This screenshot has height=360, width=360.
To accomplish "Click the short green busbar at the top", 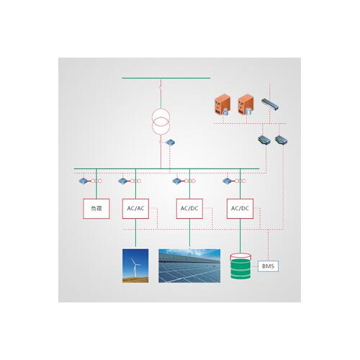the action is (x=166, y=78).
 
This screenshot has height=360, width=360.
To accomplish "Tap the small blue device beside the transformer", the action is (x=171, y=143).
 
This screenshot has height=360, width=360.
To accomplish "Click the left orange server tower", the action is (x=222, y=104).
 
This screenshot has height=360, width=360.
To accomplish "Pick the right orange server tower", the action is (x=246, y=104).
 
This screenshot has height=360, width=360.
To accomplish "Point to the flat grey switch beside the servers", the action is (x=270, y=104).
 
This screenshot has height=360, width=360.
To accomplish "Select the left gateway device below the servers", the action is (x=264, y=140).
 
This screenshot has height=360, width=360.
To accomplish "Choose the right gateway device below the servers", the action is (x=281, y=140).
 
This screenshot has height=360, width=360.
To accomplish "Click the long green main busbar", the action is (x=166, y=168).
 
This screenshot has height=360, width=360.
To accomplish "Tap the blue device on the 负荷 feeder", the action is (x=84, y=181).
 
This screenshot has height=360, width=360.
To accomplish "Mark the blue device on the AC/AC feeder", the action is (x=122, y=181).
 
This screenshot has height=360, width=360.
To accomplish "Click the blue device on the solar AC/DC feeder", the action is (x=177, y=181).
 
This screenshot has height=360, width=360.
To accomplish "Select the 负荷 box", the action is (x=96, y=209).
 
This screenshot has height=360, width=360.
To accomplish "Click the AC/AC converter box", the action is (x=135, y=209).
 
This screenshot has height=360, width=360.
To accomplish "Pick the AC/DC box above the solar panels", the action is (x=189, y=209).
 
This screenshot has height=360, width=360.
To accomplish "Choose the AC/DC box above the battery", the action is (x=240, y=209).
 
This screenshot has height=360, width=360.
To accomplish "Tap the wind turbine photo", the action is (x=135, y=266).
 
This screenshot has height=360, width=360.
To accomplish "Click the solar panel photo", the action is (x=189, y=266).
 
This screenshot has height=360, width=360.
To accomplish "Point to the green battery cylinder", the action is (x=240, y=266).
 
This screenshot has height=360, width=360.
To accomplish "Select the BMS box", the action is (x=268, y=266).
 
